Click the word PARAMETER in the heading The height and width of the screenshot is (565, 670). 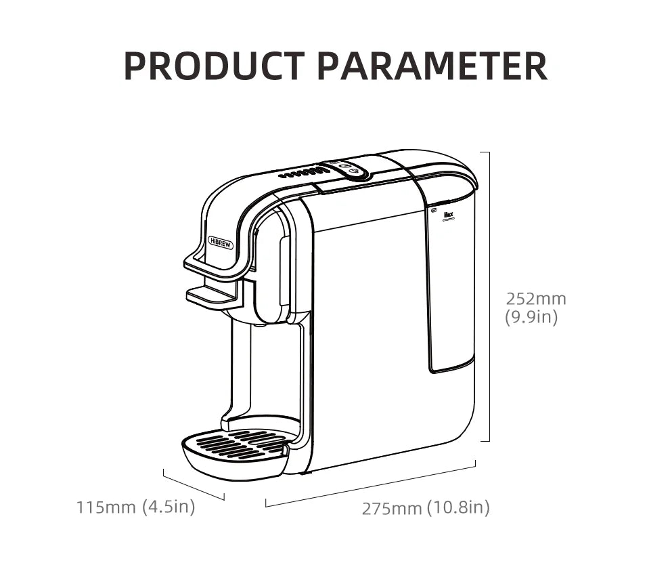[x=432, y=66]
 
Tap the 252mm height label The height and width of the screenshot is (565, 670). [x=536, y=298]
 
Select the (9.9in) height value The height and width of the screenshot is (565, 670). [x=531, y=316]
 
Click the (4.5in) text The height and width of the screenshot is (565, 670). [x=169, y=506]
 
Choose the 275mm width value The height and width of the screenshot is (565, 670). [x=391, y=508]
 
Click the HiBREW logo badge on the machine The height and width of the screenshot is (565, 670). [x=221, y=243]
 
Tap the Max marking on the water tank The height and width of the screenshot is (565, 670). [x=447, y=218]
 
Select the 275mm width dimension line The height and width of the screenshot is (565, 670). [x=370, y=484]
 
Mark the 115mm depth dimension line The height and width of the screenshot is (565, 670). [x=194, y=485]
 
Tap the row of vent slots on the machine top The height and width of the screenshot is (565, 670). [x=304, y=173]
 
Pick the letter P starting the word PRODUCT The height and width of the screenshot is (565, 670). [x=135, y=66]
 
